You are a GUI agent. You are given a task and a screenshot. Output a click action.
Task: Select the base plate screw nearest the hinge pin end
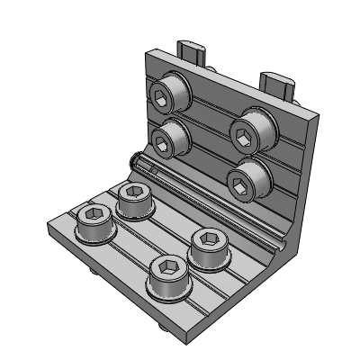136,199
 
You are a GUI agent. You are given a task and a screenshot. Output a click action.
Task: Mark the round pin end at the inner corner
134,161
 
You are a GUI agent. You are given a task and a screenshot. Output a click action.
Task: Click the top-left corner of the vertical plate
148,51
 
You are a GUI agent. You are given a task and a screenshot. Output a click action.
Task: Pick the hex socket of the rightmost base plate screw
206,239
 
